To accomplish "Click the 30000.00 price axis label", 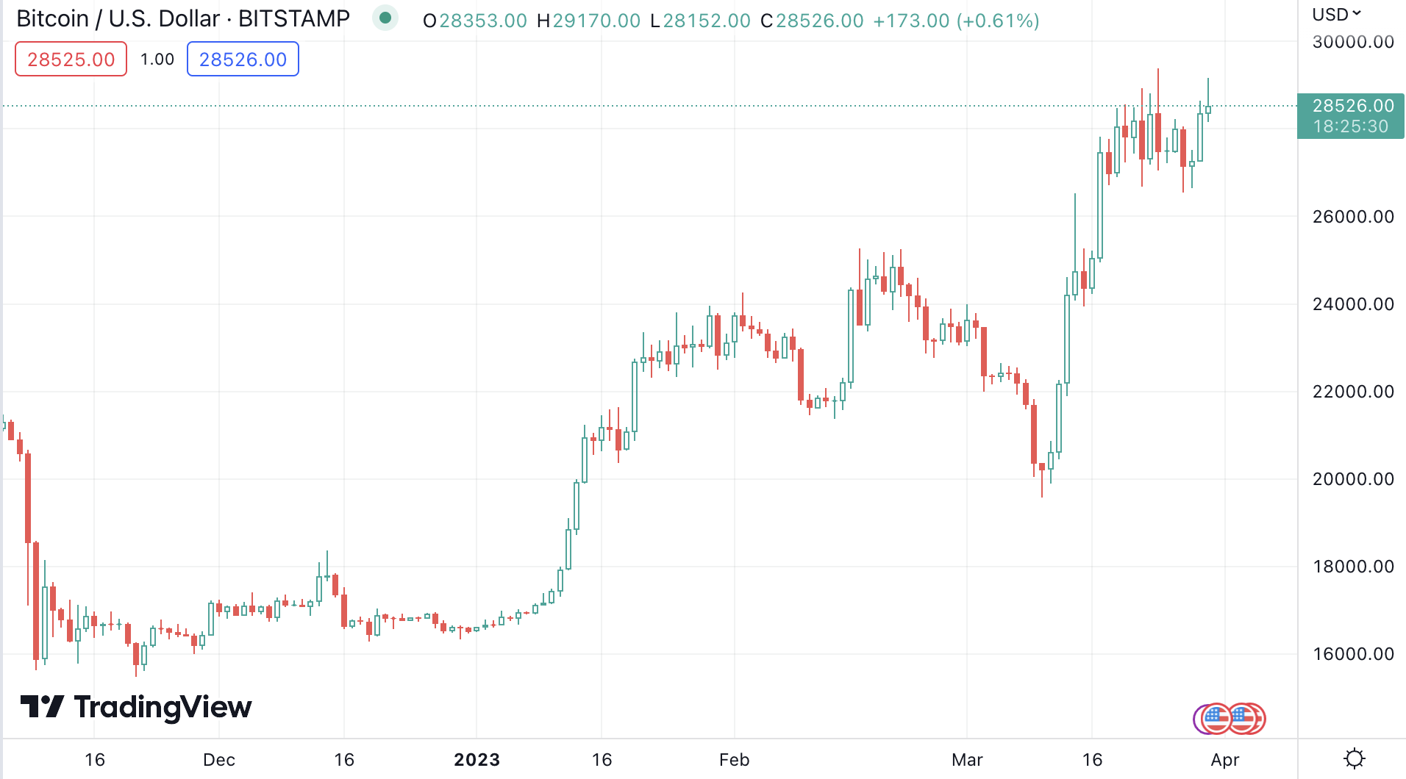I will pos(1353,42).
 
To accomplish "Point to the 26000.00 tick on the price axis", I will pos(1353,217).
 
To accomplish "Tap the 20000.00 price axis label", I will pos(1353,479).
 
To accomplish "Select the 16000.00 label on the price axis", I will pos(1353,654).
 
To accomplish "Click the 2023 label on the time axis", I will pos(477,760).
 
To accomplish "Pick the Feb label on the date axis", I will pos(734,760).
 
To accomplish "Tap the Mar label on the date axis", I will pos(967,760).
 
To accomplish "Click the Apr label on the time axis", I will pos(1225,760).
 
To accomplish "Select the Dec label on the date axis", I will pos(219,760).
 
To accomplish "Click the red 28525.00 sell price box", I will pos(71,60).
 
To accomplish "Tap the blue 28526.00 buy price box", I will pos(243,60).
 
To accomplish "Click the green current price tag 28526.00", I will pos(1353,106).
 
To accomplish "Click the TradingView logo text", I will pos(163,707).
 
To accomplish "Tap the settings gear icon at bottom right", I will pos(1354,758).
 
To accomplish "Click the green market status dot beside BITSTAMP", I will pos(385,18).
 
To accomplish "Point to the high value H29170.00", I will pos(588,21).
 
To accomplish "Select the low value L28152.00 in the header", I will pos(700,21).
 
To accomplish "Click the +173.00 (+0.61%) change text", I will pos(956,21).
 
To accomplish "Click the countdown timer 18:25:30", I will pos(1351,126).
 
